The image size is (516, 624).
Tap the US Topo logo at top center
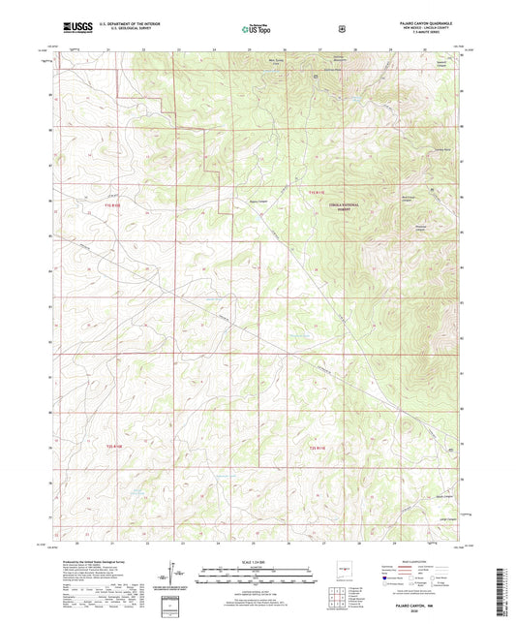pos(257,30)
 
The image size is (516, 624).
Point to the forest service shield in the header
pos(341,29)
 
